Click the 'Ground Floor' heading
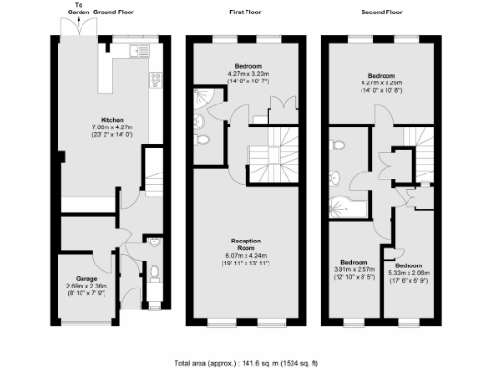[x=114, y=12]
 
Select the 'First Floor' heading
[x=246, y=12]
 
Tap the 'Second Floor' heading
[x=383, y=12]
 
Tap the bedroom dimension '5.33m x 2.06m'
[x=409, y=273]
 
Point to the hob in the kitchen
[x=154, y=82]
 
